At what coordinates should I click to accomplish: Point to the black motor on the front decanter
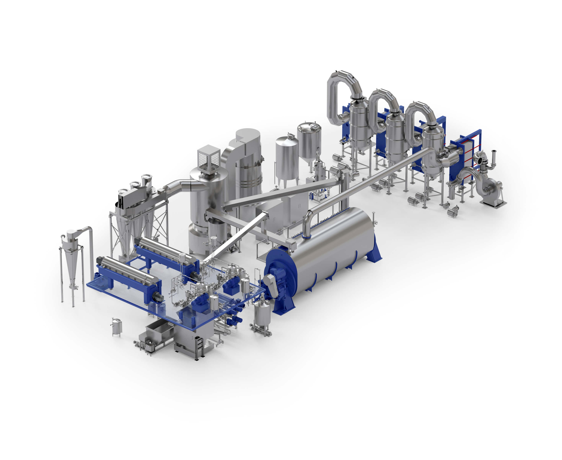(158, 297)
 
